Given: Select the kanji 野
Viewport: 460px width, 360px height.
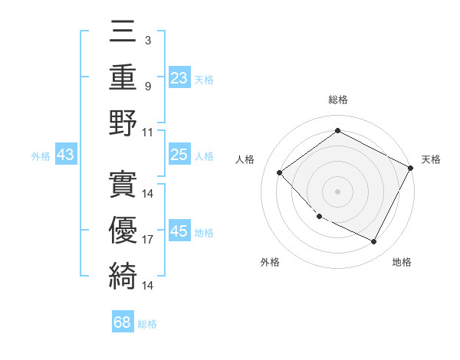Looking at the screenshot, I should [x=123, y=123].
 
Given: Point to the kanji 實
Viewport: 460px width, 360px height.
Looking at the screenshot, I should [x=123, y=183].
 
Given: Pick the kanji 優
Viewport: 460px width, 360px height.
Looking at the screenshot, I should [x=123, y=228].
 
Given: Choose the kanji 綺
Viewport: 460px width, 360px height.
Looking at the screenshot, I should [x=123, y=274].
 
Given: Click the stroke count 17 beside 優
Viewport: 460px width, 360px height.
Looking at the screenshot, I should [x=148, y=239].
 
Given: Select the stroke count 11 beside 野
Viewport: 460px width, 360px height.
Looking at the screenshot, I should [x=148, y=131].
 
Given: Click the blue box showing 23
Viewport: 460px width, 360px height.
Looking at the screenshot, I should [x=179, y=78].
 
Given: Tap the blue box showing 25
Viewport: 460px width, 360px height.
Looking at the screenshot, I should [x=179, y=155].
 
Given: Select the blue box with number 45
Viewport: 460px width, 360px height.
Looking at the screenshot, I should [x=179, y=231].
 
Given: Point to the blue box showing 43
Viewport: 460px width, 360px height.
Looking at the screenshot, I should [x=66, y=155].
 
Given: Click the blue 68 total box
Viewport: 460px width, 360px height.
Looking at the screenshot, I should [x=123, y=322].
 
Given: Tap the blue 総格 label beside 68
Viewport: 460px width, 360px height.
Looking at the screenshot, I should [x=147, y=324].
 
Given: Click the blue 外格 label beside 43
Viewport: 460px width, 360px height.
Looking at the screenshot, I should [x=41, y=156].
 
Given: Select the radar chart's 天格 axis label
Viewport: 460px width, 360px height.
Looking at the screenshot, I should [x=431, y=159].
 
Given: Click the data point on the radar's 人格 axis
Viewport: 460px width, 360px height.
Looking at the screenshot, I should [x=280, y=173].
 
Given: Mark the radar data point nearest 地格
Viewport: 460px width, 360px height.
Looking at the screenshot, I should [x=373, y=241].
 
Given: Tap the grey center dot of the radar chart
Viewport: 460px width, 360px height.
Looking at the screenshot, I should [x=337, y=191].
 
